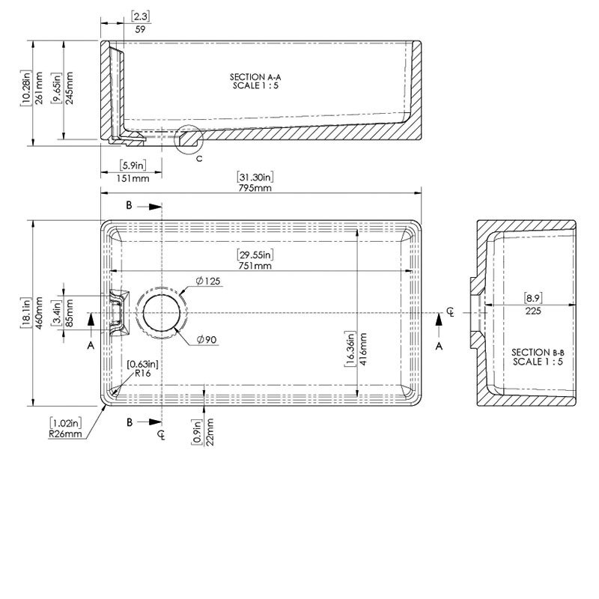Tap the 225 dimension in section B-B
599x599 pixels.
click(533, 311)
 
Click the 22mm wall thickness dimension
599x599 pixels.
click(211, 432)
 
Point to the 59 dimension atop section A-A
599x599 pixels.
click(140, 31)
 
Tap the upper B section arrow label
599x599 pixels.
click(129, 205)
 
